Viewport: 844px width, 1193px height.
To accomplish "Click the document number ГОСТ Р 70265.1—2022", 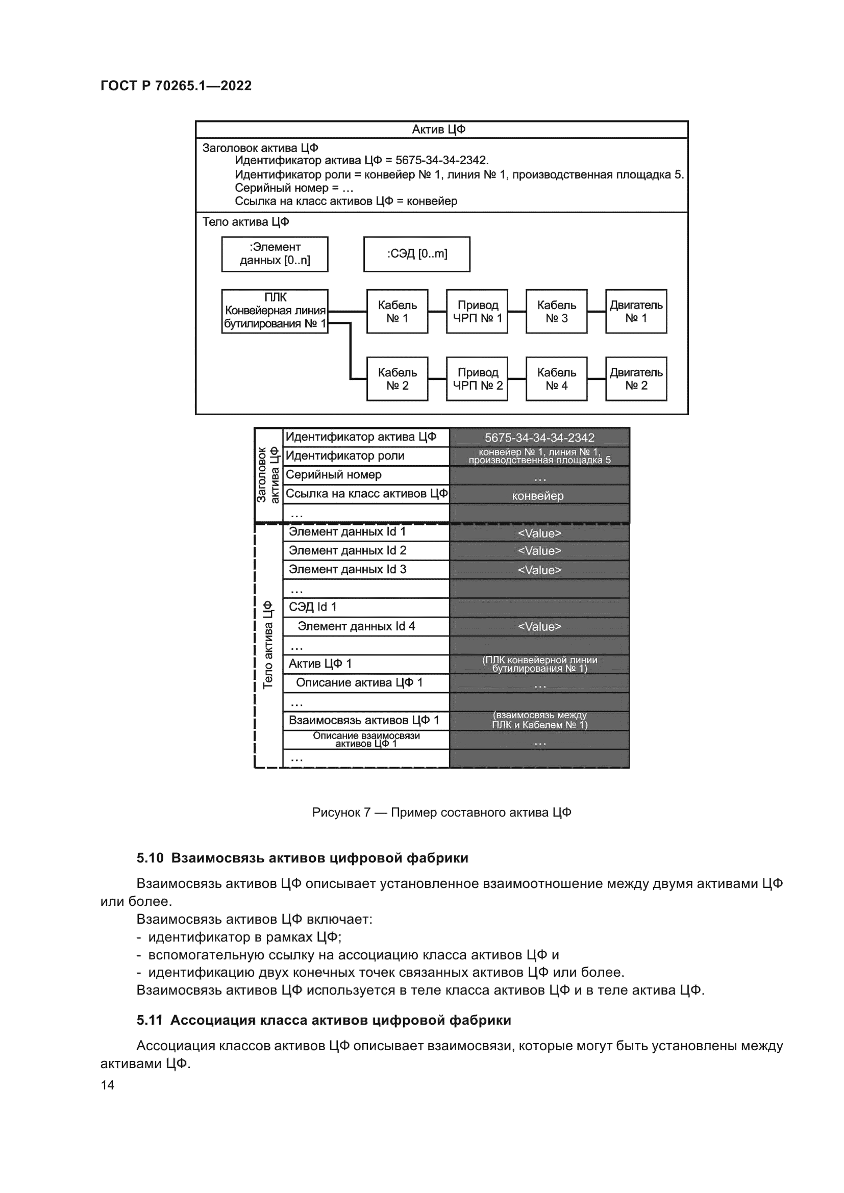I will (x=176, y=86).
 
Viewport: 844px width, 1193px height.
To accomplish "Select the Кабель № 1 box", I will (x=397, y=311).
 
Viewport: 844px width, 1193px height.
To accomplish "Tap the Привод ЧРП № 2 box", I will (x=477, y=379).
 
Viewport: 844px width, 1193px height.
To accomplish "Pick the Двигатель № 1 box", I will (x=636, y=311).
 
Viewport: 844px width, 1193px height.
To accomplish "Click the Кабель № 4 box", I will (x=556, y=379).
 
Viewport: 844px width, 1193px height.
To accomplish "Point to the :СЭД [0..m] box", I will (x=416, y=254).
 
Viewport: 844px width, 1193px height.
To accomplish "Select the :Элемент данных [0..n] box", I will (x=275, y=254).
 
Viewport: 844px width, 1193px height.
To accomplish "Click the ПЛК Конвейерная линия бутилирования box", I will (x=275, y=311).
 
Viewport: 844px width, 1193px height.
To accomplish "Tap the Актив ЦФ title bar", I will (x=441, y=130).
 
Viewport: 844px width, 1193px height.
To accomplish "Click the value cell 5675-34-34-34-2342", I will (x=539, y=438).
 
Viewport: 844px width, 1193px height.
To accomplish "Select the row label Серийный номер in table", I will (x=333, y=474).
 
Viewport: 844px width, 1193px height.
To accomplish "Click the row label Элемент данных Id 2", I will (x=347, y=550).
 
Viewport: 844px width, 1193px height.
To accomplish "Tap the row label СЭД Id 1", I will (x=312, y=607).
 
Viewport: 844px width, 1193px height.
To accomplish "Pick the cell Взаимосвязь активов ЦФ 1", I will (x=364, y=720).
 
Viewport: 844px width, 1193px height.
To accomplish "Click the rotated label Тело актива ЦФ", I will (x=268, y=645).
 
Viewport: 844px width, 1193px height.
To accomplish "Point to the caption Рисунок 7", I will (x=341, y=812).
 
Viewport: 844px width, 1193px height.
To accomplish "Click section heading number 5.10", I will (x=150, y=858).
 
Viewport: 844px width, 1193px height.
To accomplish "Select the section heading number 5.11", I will (x=150, y=1020).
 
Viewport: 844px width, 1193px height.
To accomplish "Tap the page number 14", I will (x=107, y=1085).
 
